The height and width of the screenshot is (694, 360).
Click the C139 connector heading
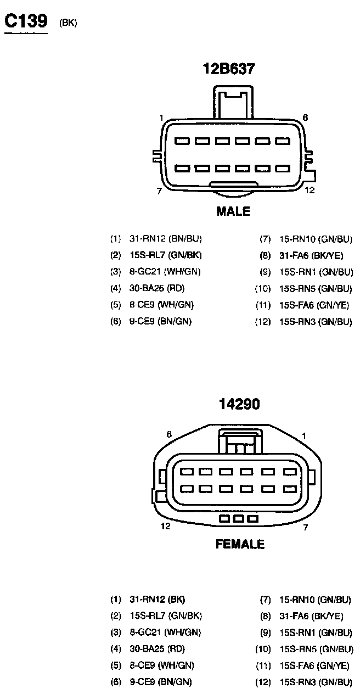(x=26, y=21)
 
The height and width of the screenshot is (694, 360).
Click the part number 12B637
(x=229, y=69)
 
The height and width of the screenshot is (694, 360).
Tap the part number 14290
(x=239, y=404)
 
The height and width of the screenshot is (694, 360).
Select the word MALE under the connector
(x=233, y=211)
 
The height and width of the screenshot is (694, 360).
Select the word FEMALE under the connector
(x=240, y=544)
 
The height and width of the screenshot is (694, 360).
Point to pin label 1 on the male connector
(x=161, y=118)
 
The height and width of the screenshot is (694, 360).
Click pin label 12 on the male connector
(x=310, y=191)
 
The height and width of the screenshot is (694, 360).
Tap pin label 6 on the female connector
(x=169, y=434)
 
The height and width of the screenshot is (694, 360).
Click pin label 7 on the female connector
(x=306, y=527)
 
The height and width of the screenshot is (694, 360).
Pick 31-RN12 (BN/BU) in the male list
(x=165, y=239)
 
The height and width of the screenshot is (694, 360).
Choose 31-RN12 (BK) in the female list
(x=157, y=600)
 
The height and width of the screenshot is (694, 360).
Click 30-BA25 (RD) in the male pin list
(x=157, y=288)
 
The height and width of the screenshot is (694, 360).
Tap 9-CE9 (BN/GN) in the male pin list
(x=160, y=321)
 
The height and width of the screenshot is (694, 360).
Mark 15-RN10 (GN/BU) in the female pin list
(x=315, y=600)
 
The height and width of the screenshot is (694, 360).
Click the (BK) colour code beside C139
(x=68, y=23)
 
